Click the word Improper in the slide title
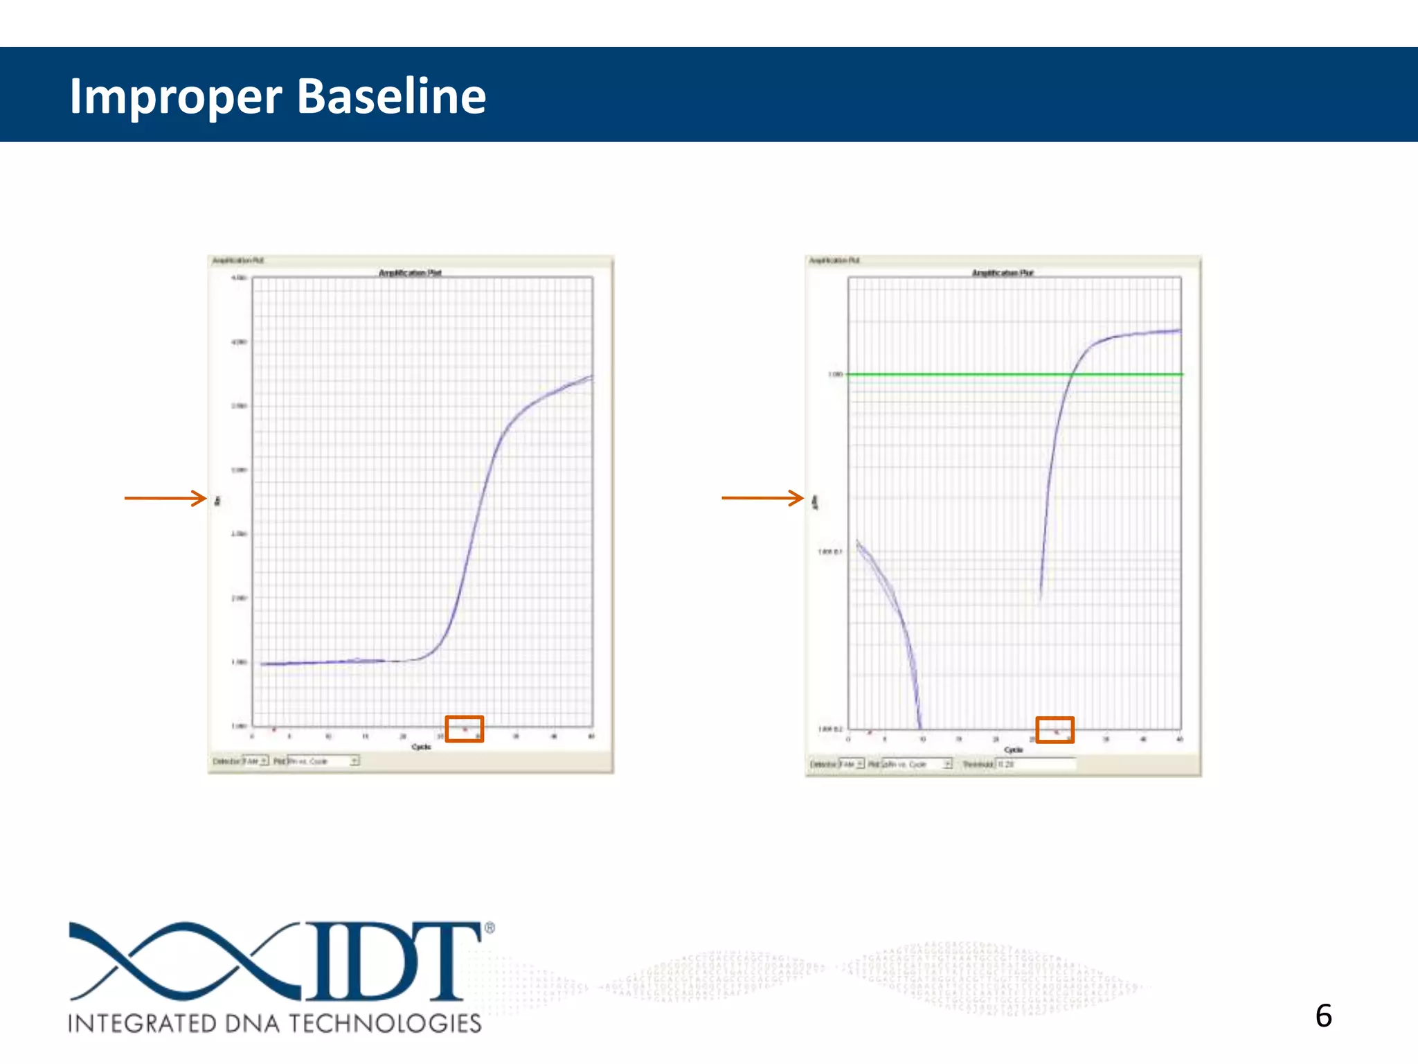[176, 97]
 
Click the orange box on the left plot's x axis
[464, 729]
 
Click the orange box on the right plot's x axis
[1054, 730]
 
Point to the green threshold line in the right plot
[969, 374]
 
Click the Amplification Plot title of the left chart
[410, 273]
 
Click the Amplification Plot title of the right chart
[1002, 273]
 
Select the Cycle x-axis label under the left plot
[421, 747]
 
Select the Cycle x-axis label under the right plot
[1013, 750]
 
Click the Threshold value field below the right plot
[1035, 764]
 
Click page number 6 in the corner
[1323, 1016]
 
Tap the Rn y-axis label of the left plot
[217, 500]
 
